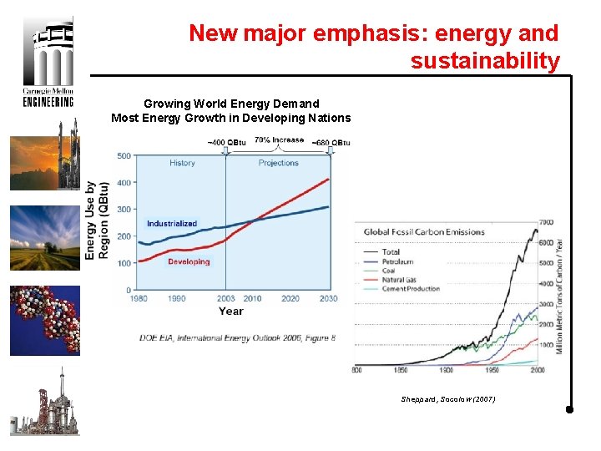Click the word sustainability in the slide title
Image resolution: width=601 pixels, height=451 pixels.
(484, 61)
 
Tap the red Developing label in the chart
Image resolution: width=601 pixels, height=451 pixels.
(189, 261)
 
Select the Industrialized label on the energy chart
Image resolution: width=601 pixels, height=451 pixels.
(172, 223)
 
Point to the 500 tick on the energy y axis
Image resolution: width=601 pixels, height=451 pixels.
(123, 155)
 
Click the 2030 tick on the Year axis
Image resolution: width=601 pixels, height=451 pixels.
(328, 298)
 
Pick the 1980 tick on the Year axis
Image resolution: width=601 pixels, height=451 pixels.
(139, 298)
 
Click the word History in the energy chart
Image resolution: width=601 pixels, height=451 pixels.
(182, 163)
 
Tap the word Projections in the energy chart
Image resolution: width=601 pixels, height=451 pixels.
(279, 163)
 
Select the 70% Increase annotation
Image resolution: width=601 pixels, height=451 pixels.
(279, 139)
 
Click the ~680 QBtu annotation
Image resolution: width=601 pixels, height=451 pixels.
(331, 142)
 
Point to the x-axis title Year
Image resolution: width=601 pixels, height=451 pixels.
(231, 312)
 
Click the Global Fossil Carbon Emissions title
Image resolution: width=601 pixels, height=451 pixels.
(424, 231)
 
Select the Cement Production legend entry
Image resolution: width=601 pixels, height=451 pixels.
(410, 289)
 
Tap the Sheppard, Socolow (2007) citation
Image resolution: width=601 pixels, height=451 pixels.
(448, 399)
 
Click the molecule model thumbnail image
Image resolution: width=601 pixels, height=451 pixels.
(45, 320)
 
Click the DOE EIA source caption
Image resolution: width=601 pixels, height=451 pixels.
(237, 337)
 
